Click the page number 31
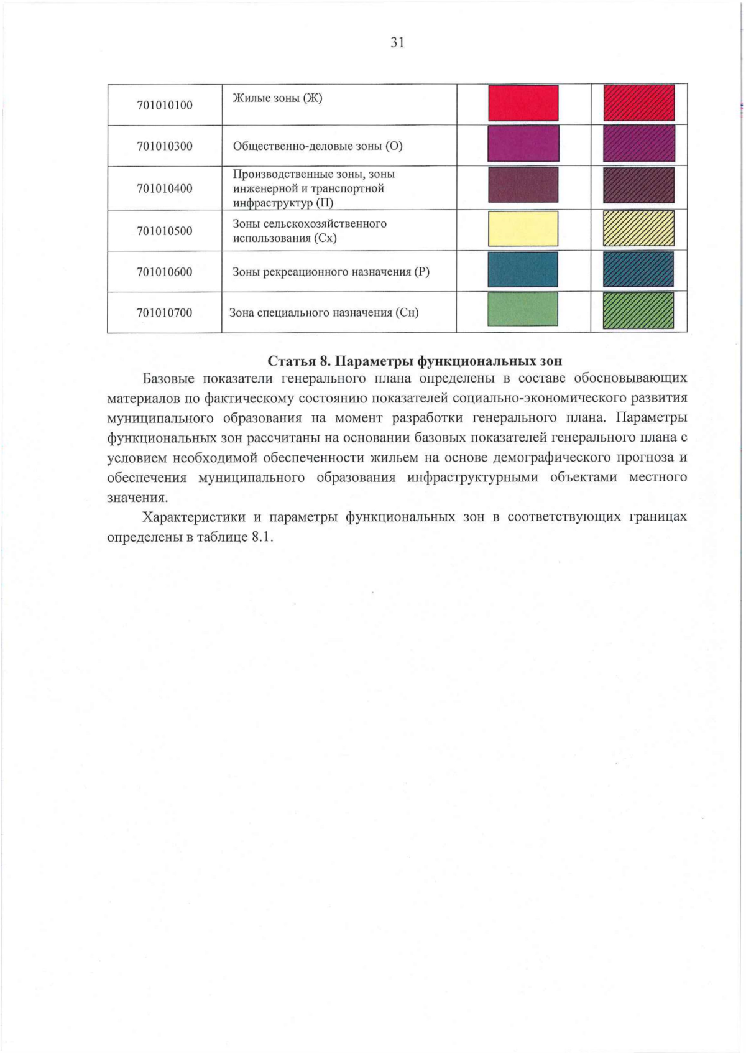tap(397, 42)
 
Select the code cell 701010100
tap(165, 105)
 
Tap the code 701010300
tap(165, 146)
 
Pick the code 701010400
tap(165, 188)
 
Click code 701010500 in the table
tap(165, 231)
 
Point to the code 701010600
tap(165, 272)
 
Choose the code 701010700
tap(165, 313)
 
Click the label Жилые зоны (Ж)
tap(277, 98)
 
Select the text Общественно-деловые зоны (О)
tap(318, 146)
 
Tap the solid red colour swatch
tap(523, 103)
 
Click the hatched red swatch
tap(638, 103)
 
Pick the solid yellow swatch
tap(523, 229)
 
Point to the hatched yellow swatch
tap(638, 228)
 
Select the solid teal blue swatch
tap(523, 269)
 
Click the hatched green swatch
tap(638, 310)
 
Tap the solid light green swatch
tap(523, 310)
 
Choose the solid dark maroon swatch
tap(523, 185)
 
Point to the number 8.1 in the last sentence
tap(262, 537)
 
